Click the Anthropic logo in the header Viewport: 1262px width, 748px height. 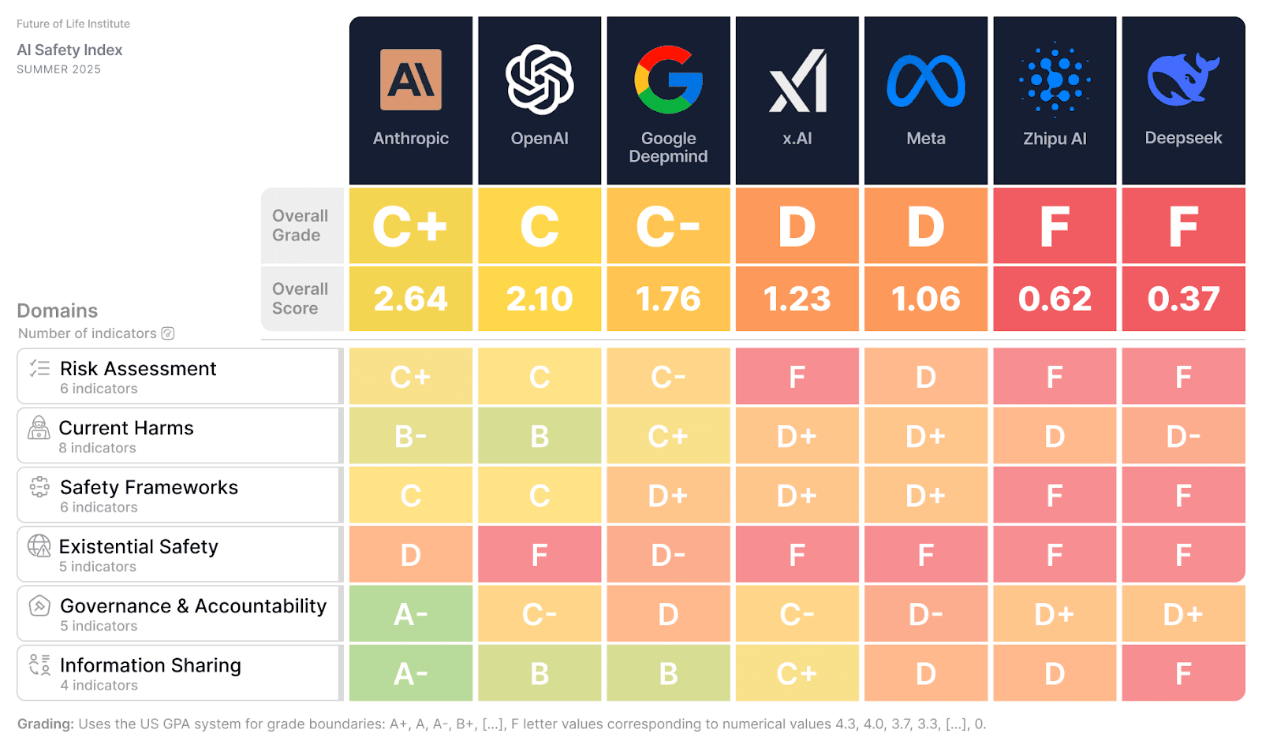coord(410,80)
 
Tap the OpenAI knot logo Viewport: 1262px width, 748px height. coord(540,80)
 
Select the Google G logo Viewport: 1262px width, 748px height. coord(668,80)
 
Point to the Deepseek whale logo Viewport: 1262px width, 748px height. coord(1182,80)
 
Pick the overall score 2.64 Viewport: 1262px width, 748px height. coord(410,299)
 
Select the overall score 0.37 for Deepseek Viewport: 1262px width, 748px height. coord(1183,299)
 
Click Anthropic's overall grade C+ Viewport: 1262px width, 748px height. coord(410,226)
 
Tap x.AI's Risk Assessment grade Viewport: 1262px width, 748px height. coord(797,378)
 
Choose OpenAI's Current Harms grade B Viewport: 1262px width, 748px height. coord(540,436)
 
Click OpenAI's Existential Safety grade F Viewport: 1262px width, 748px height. coord(540,555)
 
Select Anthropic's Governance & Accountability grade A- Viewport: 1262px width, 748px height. coord(410,614)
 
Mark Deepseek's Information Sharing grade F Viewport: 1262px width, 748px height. coord(1183,674)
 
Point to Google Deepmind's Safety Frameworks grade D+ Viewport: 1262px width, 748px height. coord(668,496)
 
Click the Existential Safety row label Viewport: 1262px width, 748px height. coord(138,547)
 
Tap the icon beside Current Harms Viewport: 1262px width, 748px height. coord(39,428)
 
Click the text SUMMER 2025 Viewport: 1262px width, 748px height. coord(58,69)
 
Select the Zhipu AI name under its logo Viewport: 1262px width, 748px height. coord(1055,139)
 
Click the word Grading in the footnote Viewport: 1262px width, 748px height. coord(45,724)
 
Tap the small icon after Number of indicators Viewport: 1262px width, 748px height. coord(168,333)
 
